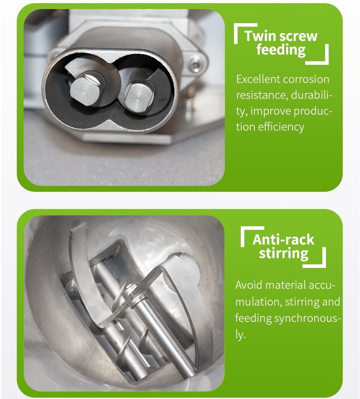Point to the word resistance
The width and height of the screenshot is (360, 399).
[x=262, y=95]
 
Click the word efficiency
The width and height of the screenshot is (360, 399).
[x=281, y=127]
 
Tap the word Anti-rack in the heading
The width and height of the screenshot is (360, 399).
[x=284, y=240]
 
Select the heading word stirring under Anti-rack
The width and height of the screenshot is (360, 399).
[x=284, y=253]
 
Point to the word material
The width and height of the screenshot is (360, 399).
[x=285, y=285]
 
